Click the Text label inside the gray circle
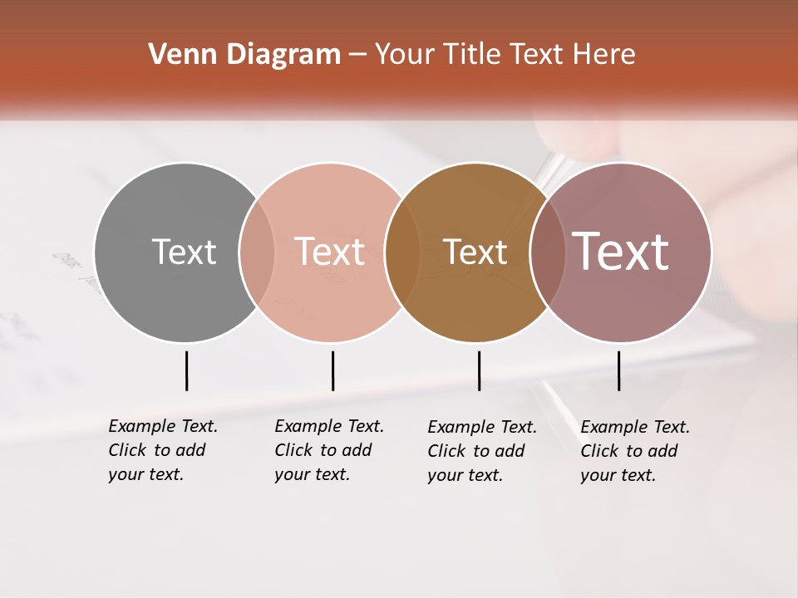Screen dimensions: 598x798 coord(184,252)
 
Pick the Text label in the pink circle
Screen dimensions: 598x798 coord(329,252)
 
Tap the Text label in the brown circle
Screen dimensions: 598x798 coord(475,252)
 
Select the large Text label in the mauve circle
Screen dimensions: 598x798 coord(621,252)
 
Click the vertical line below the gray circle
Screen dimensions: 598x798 coord(187,370)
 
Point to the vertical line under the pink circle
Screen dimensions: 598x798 coord(332,370)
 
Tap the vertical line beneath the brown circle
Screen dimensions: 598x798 coord(479,370)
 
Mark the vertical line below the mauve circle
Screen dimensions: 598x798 coord(619,370)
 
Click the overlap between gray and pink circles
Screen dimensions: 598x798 coord(257,252)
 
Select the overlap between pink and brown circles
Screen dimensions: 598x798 coord(402,252)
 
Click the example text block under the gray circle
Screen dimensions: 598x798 coord(162,450)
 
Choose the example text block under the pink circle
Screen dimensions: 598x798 coord(328,450)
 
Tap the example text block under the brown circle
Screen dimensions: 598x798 coord(481,451)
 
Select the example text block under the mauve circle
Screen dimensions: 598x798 coord(634,451)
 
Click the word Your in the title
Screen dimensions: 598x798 coord(405,55)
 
